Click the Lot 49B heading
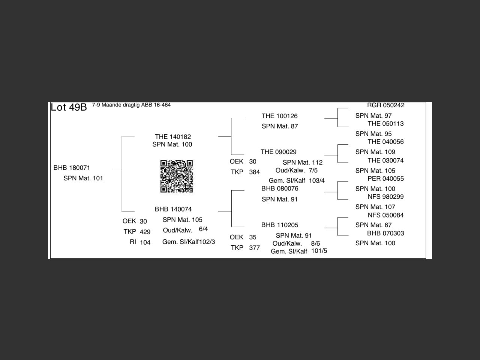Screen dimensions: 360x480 (x=69, y=107)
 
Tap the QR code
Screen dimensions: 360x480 (x=177, y=176)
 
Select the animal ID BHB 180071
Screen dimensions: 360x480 (x=72, y=168)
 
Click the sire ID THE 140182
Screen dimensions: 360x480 (x=172, y=136)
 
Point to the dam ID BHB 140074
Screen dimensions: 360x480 (x=173, y=209)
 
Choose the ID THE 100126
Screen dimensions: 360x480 (x=279, y=116)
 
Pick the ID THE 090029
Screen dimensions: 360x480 (x=278, y=152)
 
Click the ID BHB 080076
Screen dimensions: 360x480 (x=280, y=188)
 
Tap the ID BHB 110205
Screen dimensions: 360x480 (x=280, y=225)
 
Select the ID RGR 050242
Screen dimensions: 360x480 (x=385, y=105)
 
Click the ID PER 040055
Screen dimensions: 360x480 (x=385, y=178)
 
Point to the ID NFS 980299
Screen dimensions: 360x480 (x=385, y=196)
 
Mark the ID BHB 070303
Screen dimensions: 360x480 (x=385, y=233)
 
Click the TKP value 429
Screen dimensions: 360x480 (x=145, y=232)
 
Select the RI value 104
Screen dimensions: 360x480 (x=145, y=242)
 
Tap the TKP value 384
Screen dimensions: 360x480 (x=254, y=172)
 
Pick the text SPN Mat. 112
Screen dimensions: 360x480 (x=302, y=162)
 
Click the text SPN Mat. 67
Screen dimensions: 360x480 (x=373, y=225)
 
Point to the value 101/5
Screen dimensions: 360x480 (x=319, y=250)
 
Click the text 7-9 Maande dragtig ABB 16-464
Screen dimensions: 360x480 (x=131, y=105)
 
